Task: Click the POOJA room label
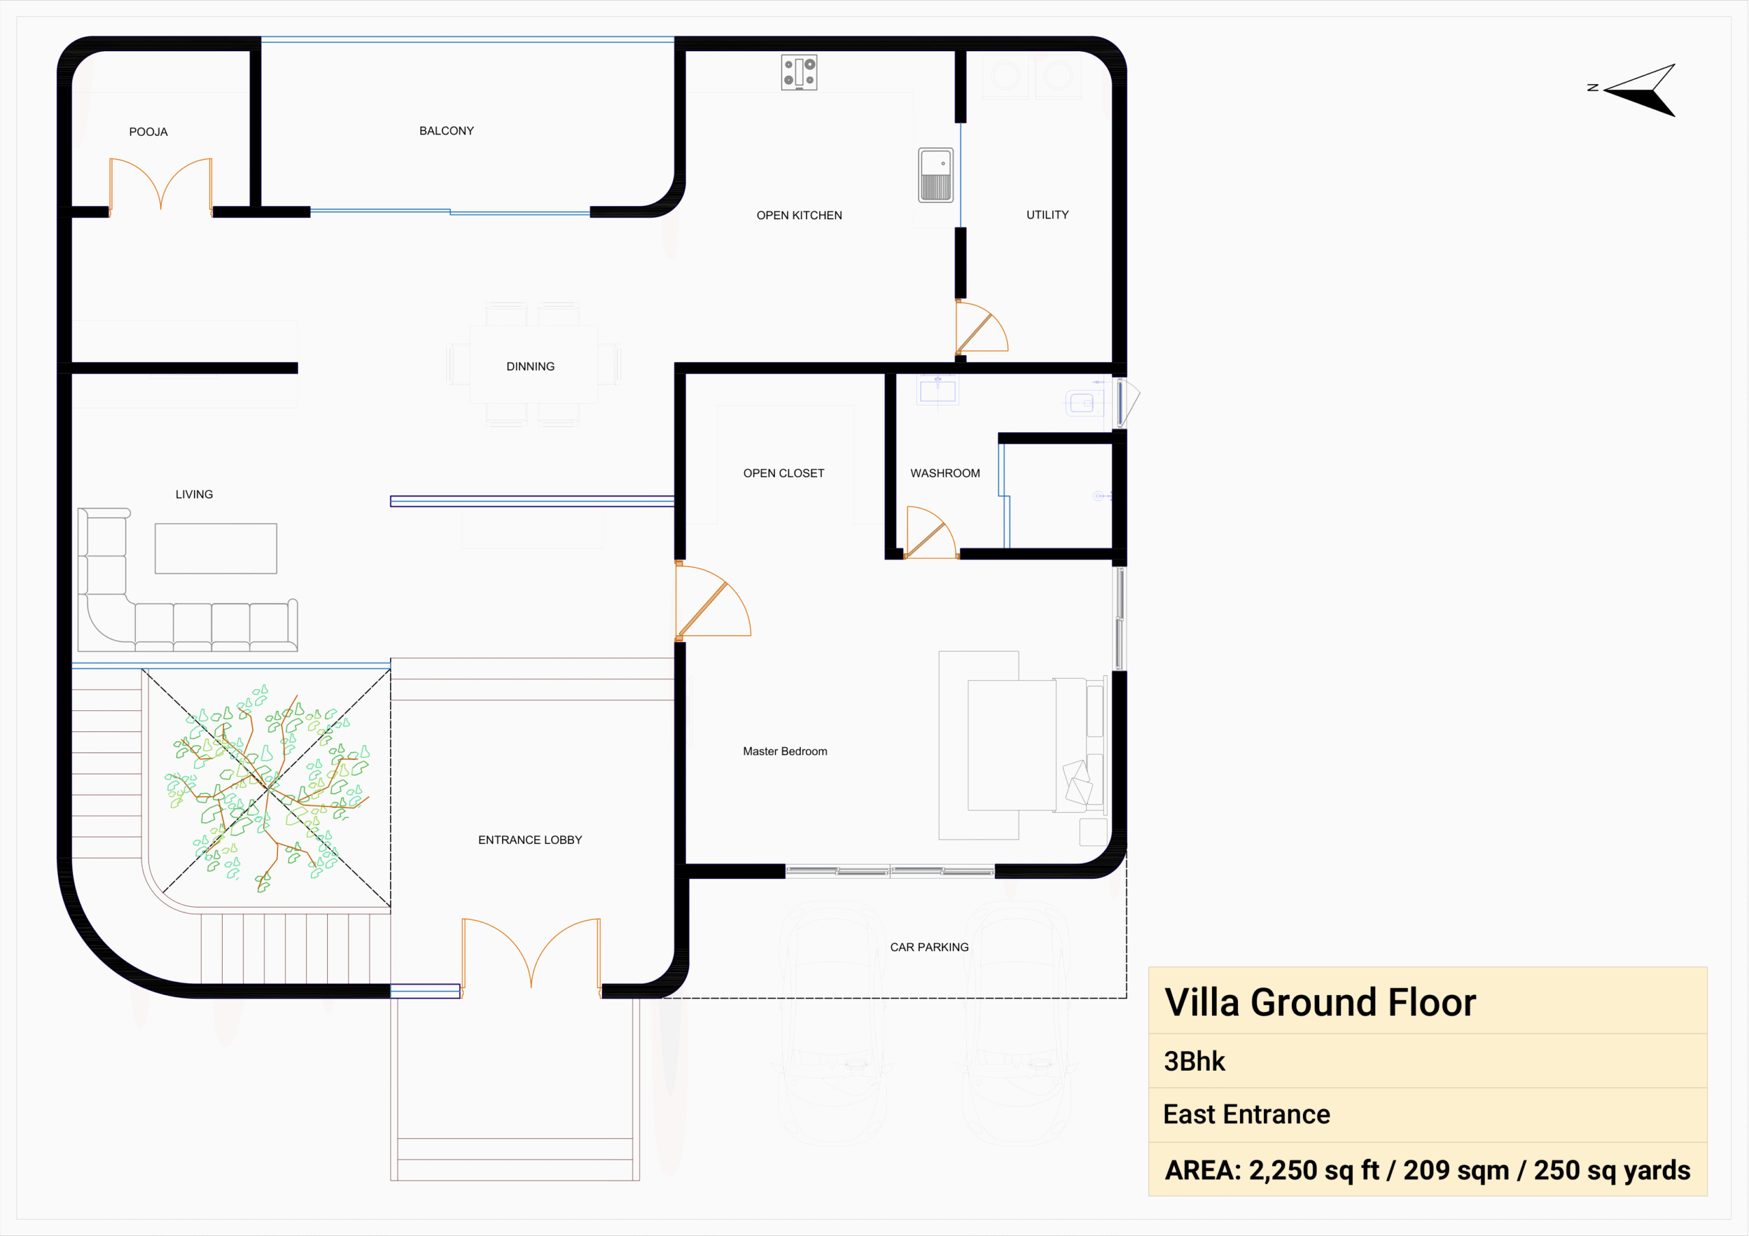(148, 132)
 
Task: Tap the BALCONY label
(446, 131)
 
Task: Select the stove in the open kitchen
(799, 72)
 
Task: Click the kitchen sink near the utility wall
(935, 175)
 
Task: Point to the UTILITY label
(1047, 214)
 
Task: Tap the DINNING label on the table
(530, 366)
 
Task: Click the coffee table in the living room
(216, 548)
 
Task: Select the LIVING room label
(194, 494)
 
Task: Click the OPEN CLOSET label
(784, 473)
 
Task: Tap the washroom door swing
(930, 533)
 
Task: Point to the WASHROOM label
(946, 473)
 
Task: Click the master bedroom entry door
(713, 602)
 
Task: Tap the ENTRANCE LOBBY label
(530, 840)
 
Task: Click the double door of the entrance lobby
(531, 957)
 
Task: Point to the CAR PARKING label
(929, 947)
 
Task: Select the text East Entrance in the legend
(1246, 1114)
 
